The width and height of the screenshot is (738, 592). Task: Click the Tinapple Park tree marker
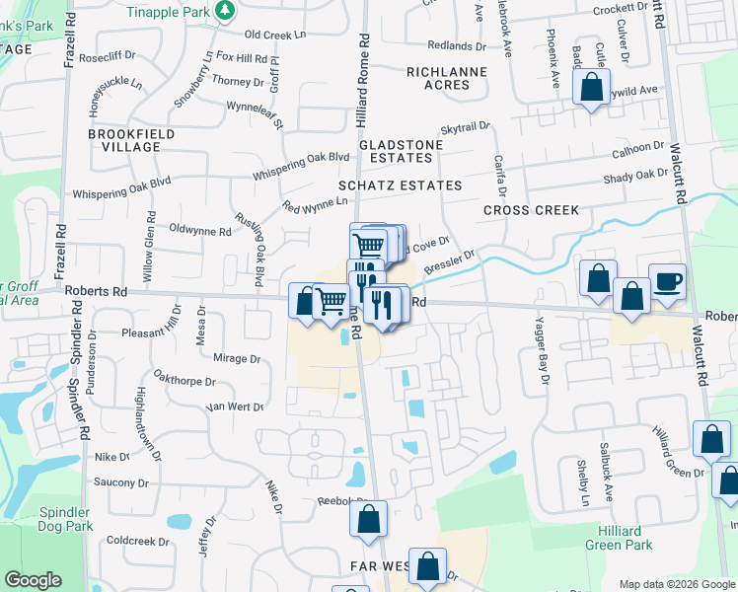[227, 11]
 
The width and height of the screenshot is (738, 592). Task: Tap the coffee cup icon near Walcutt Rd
[667, 281]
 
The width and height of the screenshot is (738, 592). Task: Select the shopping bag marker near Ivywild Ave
[590, 87]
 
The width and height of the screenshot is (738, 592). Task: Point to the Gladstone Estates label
[401, 151]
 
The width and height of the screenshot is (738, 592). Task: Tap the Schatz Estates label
[400, 185]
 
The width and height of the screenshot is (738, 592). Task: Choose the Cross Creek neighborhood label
[531, 210]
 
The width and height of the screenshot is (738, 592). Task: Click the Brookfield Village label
[131, 140]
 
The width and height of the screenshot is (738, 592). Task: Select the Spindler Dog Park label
[65, 519]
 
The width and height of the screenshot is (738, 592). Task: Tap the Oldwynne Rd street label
[200, 232]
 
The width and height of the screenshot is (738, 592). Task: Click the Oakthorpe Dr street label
[184, 379]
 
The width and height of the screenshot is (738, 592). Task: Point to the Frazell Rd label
[70, 45]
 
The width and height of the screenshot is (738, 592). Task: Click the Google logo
[34, 580]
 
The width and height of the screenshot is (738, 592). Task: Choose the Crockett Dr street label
[619, 9]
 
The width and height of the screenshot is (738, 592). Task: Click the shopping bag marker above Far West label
[368, 519]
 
